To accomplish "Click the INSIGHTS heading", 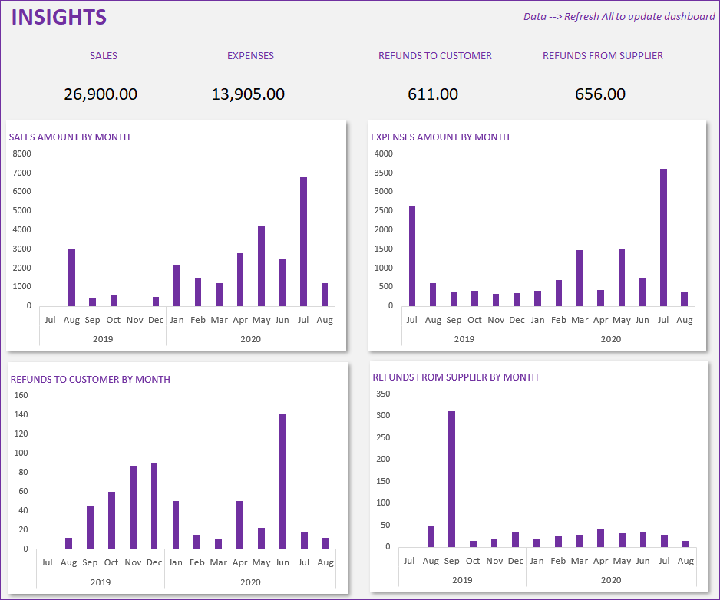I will click(59, 18).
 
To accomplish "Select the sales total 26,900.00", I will click(101, 94).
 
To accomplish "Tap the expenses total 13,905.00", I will click(248, 94).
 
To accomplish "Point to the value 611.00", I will click(433, 94).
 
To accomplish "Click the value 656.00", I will click(600, 94).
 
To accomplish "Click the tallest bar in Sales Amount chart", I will click(304, 242).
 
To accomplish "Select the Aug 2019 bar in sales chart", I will click(71, 278).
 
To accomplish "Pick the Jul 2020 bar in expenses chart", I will click(663, 237).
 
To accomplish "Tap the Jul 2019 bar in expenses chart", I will click(412, 255).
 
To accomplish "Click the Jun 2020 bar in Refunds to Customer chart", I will click(283, 481).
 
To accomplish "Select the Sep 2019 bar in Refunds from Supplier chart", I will click(452, 479).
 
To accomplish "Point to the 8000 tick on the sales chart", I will click(23, 153).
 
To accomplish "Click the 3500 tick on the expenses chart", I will click(383, 173).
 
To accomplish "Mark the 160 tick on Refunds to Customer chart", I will click(21, 396).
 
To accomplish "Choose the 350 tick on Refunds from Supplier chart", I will click(383, 394).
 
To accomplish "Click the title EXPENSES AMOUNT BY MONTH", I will click(440, 137).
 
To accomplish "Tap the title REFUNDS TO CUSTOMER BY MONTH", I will click(90, 380).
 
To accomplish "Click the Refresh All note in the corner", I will click(619, 17).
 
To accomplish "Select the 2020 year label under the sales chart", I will click(250, 339).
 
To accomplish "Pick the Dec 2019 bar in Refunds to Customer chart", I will click(154, 506).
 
